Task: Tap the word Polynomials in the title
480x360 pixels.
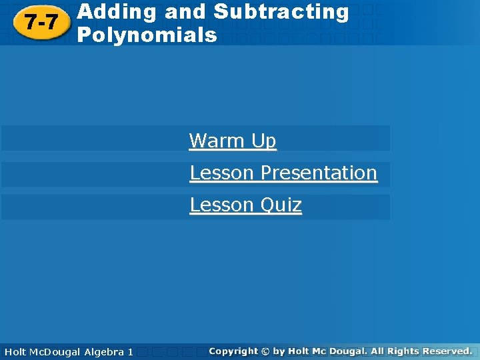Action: (147, 35)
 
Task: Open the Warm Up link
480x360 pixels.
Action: (233, 141)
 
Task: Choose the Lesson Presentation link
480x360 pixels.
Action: (283, 173)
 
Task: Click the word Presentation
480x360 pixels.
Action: (319, 173)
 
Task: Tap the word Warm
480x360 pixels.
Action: (217, 141)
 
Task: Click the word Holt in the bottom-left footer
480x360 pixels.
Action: (15, 351)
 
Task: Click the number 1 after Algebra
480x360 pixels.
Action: (130, 351)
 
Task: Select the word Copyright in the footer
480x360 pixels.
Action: (233, 351)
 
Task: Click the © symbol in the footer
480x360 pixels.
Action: (265, 351)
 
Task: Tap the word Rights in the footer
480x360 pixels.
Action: (402, 351)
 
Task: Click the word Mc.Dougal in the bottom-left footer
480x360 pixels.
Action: (55, 351)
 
